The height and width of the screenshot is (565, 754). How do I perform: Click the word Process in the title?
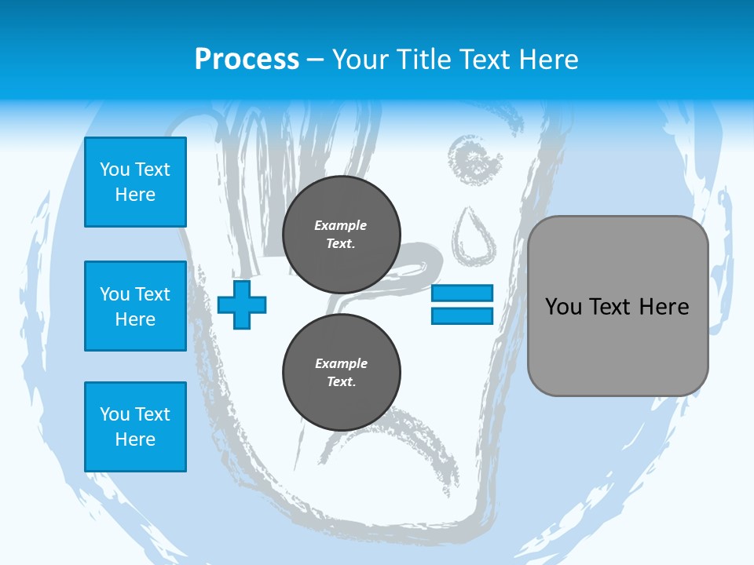(x=247, y=60)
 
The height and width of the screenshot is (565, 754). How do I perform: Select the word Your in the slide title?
(x=357, y=60)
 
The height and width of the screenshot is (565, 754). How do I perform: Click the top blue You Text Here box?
(x=135, y=182)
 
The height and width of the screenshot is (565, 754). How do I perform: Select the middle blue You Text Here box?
(x=135, y=306)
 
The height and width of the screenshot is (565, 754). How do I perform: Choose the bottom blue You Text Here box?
(x=135, y=427)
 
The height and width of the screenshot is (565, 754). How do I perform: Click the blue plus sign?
(x=242, y=304)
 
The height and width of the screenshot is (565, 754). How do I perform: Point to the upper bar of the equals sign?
(x=462, y=293)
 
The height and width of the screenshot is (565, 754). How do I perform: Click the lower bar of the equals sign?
(x=462, y=315)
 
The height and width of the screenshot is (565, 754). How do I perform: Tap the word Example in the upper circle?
(x=341, y=225)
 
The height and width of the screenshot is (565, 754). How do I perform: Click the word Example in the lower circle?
(x=341, y=363)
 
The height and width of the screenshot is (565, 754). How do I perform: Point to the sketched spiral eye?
(x=474, y=161)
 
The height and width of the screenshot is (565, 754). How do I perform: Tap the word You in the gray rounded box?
(x=563, y=307)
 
